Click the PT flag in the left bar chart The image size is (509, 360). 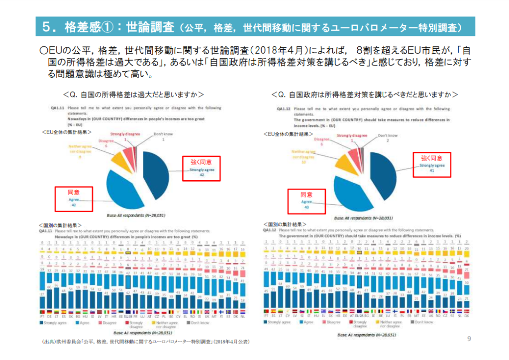tap(42, 312)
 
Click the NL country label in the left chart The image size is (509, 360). tap(242, 316)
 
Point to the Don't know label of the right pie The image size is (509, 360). tap(388, 135)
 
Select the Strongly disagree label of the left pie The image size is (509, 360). tap(125, 134)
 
